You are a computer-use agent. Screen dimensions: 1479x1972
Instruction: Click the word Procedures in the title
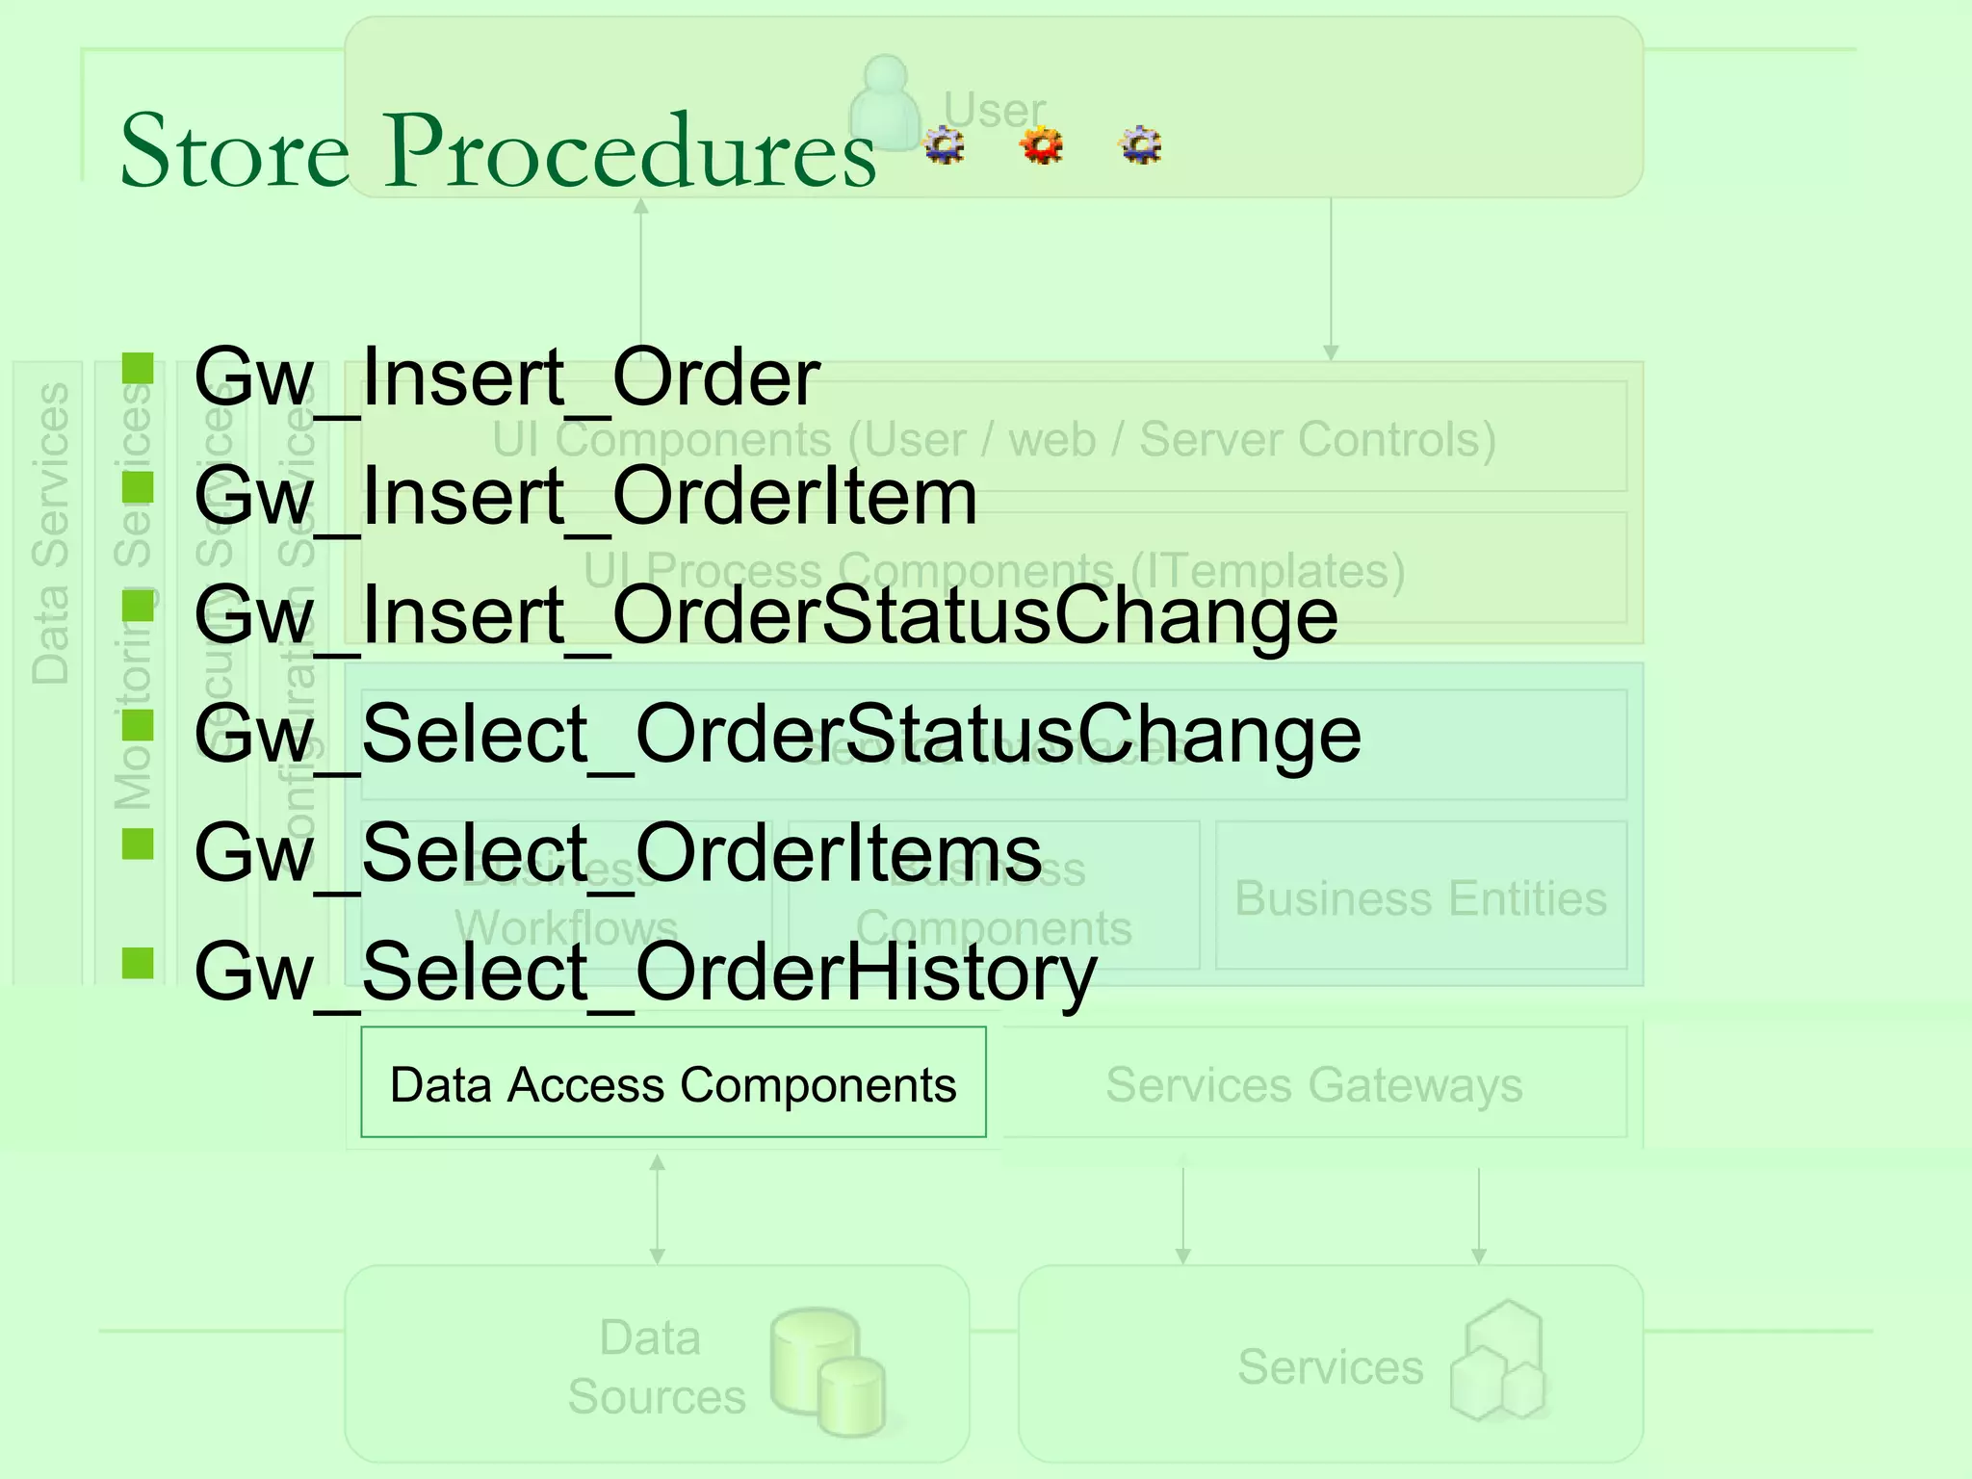pyautogui.click(x=631, y=152)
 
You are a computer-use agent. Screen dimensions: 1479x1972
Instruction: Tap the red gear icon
pyautogui.click(x=1043, y=146)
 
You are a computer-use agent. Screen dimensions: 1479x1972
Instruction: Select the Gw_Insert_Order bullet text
pyautogui.click(x=506, y=377)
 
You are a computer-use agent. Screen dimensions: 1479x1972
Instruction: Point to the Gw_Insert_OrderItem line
pyautogui.click(x=585, y=497)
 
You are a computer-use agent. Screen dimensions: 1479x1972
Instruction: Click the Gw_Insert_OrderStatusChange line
pyautogui.click(x=765, y=616)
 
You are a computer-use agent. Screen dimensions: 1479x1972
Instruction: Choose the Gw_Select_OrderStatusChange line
pyautogui.click(x=777, y=735)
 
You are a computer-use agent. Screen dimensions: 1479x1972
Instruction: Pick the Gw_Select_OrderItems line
pyautogui.click(x=617, y=853)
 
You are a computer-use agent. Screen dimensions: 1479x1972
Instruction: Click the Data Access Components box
pyautogui.click(x=673, y=1083)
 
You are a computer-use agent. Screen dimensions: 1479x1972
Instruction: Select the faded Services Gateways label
pyautogui.click(x=1313, y=1085)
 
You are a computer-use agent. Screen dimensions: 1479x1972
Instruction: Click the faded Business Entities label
pyautogui.click(x=1420, y=897)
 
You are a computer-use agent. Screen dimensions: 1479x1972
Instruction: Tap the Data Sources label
pyautogui.click(x=656, y=1367)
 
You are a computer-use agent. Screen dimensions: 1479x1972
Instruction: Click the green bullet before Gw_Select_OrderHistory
pyautogui.click(x=139, y=963)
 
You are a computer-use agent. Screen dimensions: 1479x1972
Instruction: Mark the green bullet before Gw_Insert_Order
pyautogui.click(x=139, y=368)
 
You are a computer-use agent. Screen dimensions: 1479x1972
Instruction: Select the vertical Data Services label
pyautogui.click(x=51, y=533)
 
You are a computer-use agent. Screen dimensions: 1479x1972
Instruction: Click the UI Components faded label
pyautogui.click(x=994, y=440)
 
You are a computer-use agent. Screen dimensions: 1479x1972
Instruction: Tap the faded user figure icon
pyautogui.click(x=885, y=101)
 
